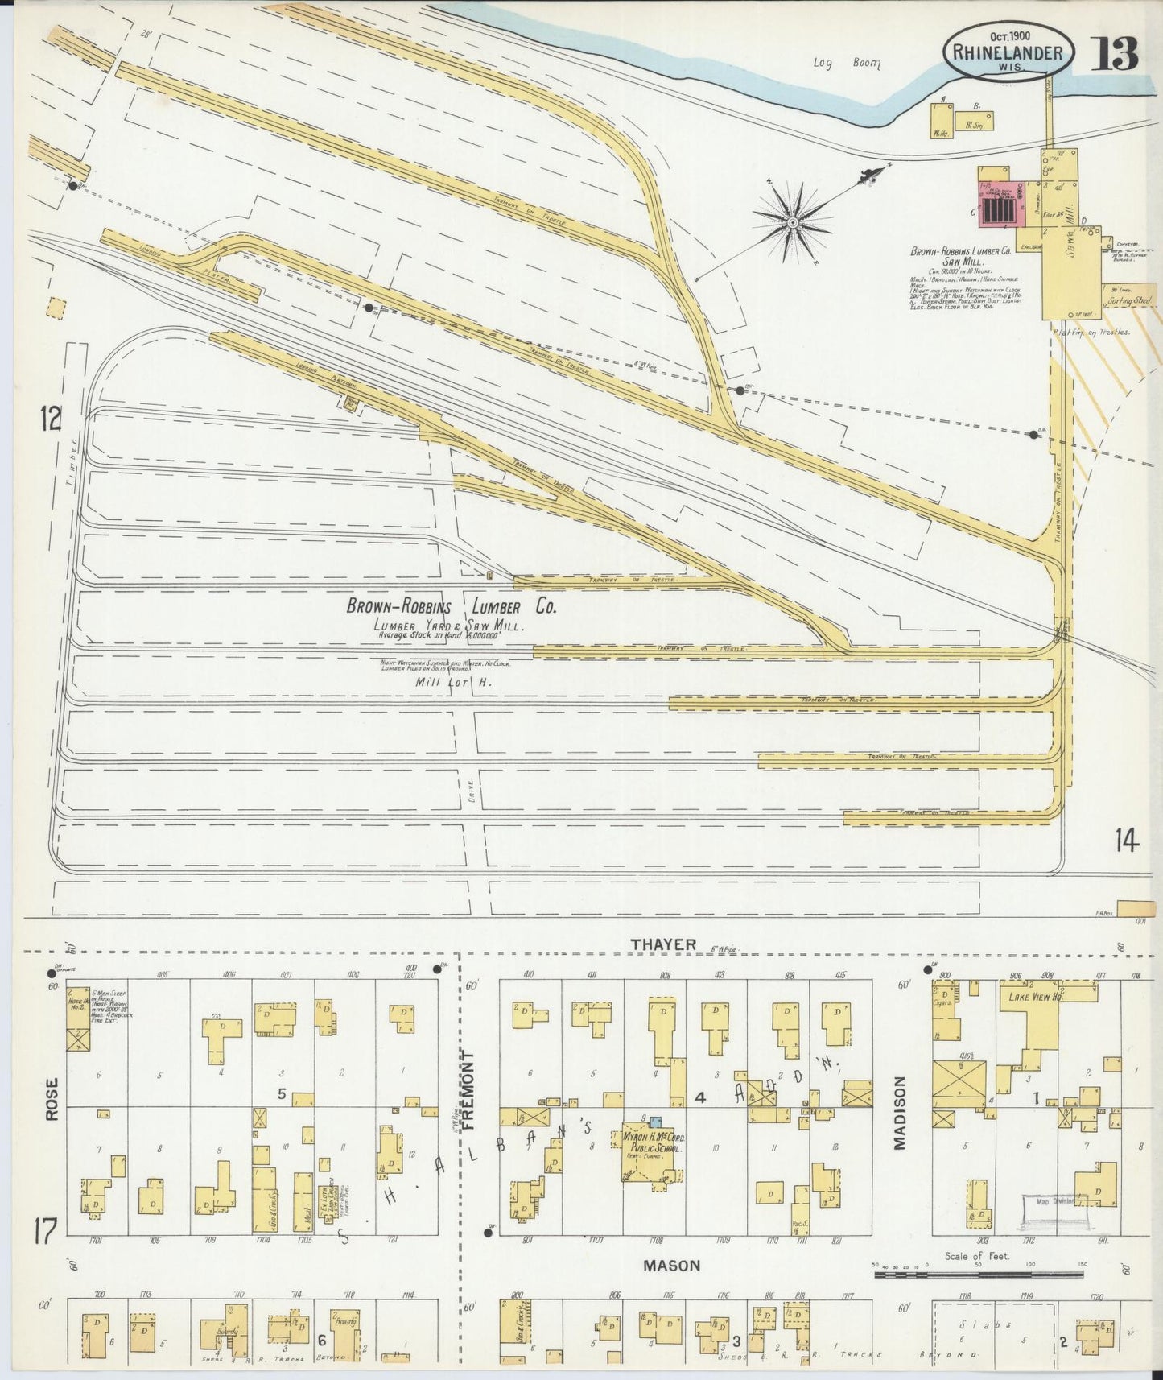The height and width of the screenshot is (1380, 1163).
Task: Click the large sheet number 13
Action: click(x=1116, y=52)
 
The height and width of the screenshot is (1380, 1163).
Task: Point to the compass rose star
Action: click(x=793, y=221)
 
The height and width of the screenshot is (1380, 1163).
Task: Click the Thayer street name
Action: click(x=663, y=944)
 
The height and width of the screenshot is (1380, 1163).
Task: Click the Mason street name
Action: click(x=671, y=1265)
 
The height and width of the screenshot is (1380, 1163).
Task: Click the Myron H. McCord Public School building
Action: click(x=653, y=1151)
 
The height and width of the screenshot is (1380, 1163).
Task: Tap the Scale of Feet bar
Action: click(x=979, y=1275)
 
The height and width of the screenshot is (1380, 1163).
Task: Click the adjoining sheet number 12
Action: click(x=51, y=418)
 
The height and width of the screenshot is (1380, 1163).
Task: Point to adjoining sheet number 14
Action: click(x=1127, y=841)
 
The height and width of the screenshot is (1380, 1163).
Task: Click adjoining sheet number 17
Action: click(x=44, y=1231)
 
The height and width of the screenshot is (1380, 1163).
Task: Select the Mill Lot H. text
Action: click(x=452, y=682)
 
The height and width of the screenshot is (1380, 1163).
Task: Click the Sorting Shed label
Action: click(x=1129, y=301)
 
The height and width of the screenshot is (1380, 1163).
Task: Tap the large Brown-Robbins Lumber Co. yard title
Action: click(x=451, y=607)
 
